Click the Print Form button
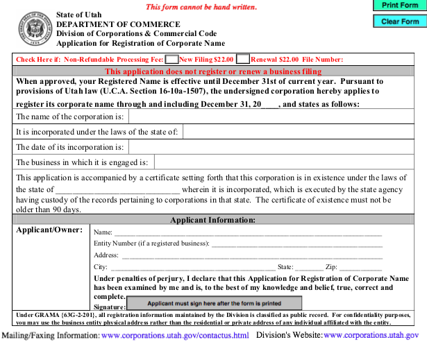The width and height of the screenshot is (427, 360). [x=400, y=6]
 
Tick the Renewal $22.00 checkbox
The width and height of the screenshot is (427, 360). [x=243, y=60]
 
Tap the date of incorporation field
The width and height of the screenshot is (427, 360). [x=274, y=147]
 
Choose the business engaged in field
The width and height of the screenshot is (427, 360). [x=285, y=163]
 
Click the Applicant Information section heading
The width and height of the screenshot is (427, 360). [x=213, y=220]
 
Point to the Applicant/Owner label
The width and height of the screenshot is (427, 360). [x=49, y=230]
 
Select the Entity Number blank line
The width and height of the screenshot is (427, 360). [x=296, y=244]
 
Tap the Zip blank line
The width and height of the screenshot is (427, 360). [x=360, y=267]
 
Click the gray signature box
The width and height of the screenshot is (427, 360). [x=215, y=303]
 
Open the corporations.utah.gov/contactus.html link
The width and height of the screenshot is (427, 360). [x=175, y=336]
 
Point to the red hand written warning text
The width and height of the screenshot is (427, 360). [x=201, y=7]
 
